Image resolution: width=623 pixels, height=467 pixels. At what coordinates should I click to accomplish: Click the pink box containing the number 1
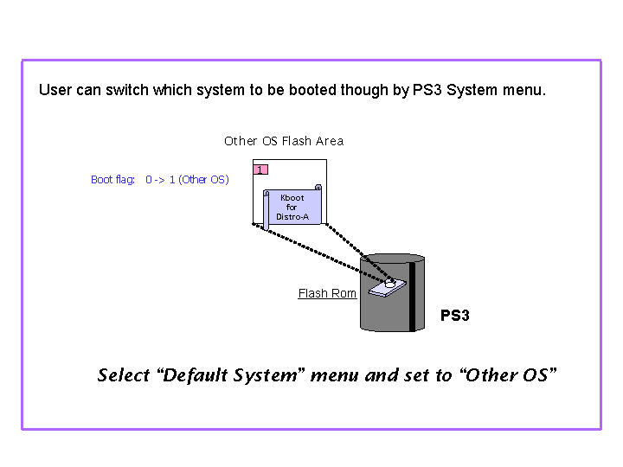(x=260, y=170)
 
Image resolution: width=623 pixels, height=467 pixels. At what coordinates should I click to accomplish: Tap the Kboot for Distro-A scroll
(x=292, y=208)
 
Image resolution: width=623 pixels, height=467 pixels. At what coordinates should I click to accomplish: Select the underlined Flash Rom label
(x=327, y=294)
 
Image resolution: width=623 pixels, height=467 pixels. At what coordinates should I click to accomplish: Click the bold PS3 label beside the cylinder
(x=454, y=316)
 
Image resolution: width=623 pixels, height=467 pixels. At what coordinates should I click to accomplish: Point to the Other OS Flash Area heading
(x=284, y=141)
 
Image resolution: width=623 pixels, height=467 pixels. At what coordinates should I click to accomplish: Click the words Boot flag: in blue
(x=113, y=180)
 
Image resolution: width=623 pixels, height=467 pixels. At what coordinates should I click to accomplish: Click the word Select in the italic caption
(x=124, y=374)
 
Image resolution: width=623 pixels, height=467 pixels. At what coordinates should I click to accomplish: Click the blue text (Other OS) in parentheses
(x=204, y=180)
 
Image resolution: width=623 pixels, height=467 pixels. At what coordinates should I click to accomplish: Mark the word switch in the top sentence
(x=127, y=90)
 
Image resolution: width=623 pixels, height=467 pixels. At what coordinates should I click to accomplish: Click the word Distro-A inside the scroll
(x=292, y=217)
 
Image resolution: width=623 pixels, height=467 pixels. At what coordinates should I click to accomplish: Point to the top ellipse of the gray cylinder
(x=393, y=259)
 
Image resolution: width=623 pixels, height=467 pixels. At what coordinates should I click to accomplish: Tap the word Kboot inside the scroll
(x=292, y=198)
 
